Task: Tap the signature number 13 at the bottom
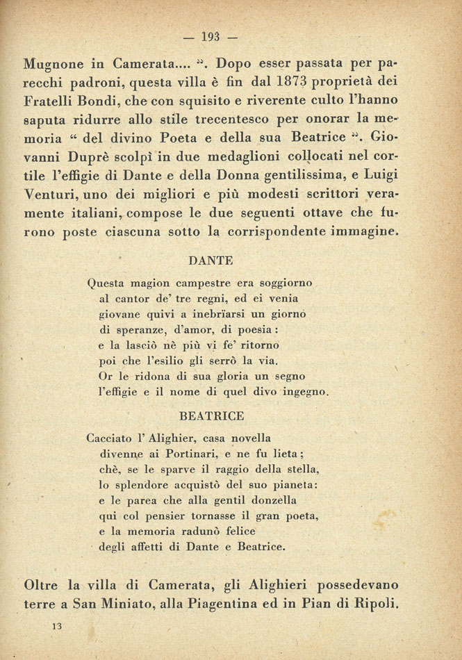(x=56, y=626)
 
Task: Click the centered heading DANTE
(x=211, y=261)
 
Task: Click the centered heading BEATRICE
(x=211, y=416)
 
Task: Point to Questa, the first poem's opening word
(x=108, y=283)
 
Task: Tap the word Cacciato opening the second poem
(x=113, y=438)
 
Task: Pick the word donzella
(x=271, y=500)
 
